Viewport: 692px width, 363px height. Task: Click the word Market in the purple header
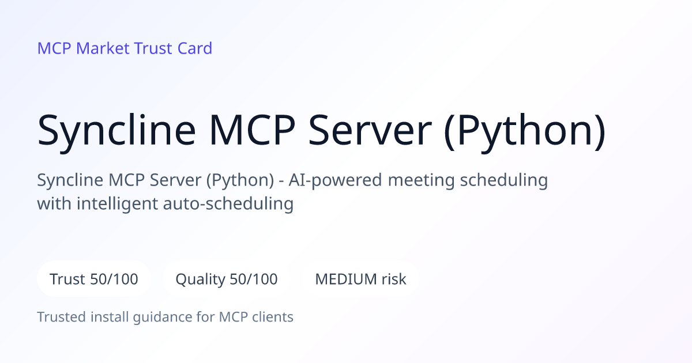click(x=103, y=48)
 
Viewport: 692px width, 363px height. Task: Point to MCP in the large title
click(x=252, y=130)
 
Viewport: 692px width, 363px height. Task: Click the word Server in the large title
click(x=370, y=130)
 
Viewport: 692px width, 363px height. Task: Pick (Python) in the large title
click(x=525, y=131)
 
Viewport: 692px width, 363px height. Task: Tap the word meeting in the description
click(x=422, y=181)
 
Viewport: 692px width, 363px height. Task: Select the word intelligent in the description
click(x=117, y=205)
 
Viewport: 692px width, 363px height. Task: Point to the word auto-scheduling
click(x=228, y=204)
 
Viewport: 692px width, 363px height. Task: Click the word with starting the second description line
click(x=54, y=204)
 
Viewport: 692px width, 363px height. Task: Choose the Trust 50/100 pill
click(x=94, y=279)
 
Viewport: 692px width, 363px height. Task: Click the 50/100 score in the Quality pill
click(x=254, y=279)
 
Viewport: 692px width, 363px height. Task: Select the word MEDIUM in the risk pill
click(x=345, y=279)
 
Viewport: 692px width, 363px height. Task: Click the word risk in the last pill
click(x=394, y=279)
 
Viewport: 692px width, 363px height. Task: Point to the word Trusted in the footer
click(x=62, y=317)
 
